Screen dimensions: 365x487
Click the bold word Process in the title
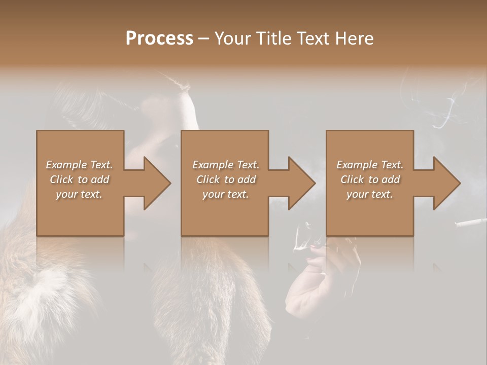159,39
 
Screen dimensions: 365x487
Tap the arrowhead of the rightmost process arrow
446,183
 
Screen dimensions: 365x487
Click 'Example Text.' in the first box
79,165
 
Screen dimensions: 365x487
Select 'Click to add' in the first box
79,179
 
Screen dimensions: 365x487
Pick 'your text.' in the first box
79,194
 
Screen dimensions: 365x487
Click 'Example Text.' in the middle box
225,165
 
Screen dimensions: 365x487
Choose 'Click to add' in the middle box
225,179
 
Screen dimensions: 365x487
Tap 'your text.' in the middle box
225,194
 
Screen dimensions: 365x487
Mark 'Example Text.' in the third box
370,165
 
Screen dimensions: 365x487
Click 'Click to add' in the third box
370,179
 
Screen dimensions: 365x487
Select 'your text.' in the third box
370,194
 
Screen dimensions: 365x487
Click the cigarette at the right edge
471,222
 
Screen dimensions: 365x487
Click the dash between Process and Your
204,39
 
